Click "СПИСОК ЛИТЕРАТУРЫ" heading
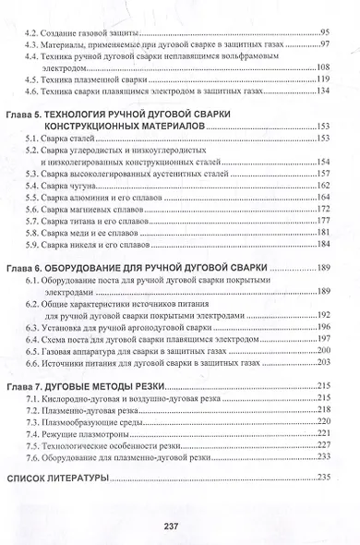(x=59, y=477)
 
